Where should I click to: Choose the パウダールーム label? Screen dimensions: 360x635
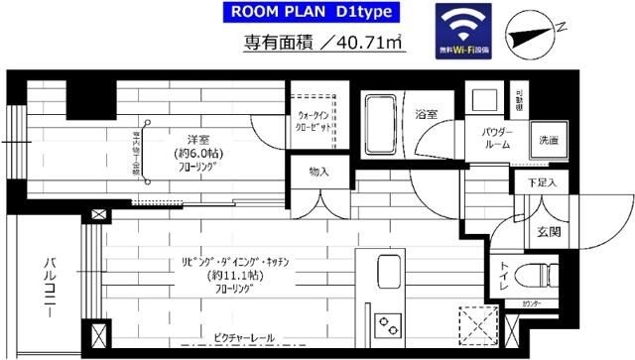497,138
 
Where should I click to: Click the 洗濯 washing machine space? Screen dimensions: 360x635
548,140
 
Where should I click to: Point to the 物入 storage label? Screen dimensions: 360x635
318,172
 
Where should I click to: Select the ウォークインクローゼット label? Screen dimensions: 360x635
318,122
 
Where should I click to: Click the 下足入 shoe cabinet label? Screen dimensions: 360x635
541,183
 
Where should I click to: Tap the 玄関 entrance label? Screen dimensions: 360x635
550,232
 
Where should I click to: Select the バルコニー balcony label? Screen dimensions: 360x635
48,288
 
